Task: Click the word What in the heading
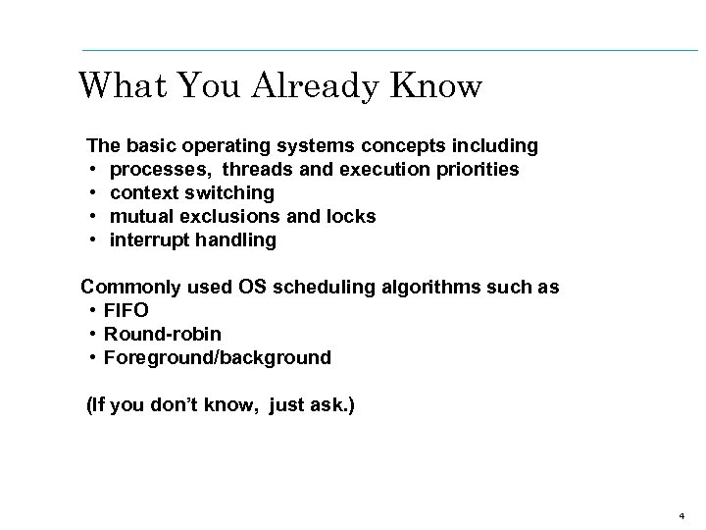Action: coord(116,86)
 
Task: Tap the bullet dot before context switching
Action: coord(92,193)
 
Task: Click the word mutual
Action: coord(140,216)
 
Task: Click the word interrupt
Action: coord(149,239)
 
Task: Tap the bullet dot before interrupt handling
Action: coord(92,240)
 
